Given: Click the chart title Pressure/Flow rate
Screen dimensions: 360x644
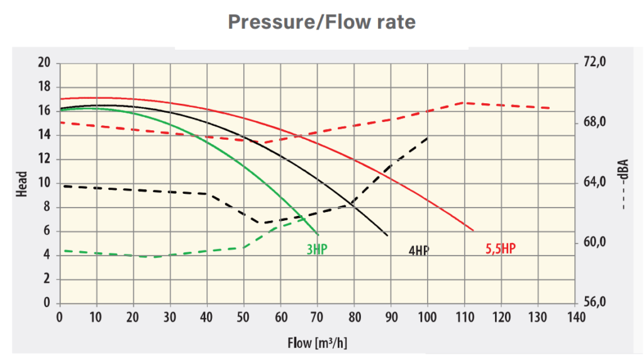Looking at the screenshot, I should coord(321,22).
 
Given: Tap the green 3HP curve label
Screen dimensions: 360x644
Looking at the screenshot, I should coord(317,249).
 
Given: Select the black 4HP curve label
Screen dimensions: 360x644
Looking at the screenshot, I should coord(419,250).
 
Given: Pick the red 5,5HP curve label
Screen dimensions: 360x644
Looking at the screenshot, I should coord(501,249).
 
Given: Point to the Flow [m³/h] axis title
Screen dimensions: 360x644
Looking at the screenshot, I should coord(318,343).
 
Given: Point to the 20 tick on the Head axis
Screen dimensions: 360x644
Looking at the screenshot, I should coord(43,63).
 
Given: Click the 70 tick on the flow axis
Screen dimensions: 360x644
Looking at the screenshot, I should coord(318,316).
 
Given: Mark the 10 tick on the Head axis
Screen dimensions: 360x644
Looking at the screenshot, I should coord(43,183).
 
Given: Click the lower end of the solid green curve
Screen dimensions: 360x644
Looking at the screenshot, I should coord(318,234).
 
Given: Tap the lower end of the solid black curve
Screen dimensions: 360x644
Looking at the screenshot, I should coord(387,235).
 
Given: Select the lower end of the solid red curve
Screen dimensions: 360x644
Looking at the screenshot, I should coord(473,230).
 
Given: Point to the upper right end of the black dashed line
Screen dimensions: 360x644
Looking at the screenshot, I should coord(428,137).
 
